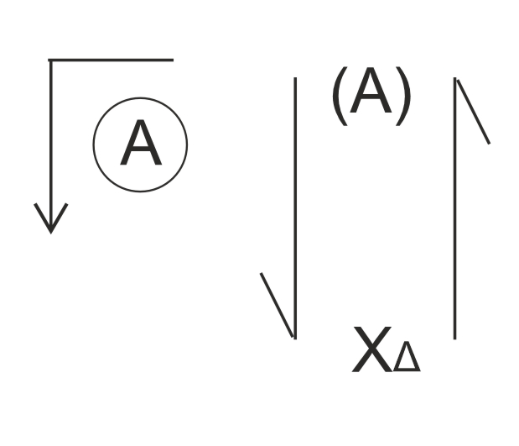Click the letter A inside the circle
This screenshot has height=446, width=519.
tap(140, 144)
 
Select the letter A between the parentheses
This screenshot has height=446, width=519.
tap(371, 92)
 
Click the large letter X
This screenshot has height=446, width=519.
tap(372, 352)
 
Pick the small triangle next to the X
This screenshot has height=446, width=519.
tap(407, 359)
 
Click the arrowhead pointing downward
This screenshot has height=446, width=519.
tap(51, 220)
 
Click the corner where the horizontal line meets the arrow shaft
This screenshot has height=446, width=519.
tap(50, 60)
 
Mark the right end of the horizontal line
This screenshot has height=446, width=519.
tap(173, 60)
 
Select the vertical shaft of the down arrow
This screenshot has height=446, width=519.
tap(50, 134)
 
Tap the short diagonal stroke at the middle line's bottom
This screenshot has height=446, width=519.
tap(278, 305)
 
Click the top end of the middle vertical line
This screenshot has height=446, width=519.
tap(294, 79)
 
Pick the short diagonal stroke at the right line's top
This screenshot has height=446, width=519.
tap(472, 111)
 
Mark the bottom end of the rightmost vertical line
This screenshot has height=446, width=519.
tap(454, 338)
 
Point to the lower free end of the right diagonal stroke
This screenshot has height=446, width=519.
tap(489, 143)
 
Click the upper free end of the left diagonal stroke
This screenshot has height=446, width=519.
tap(262, 274)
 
